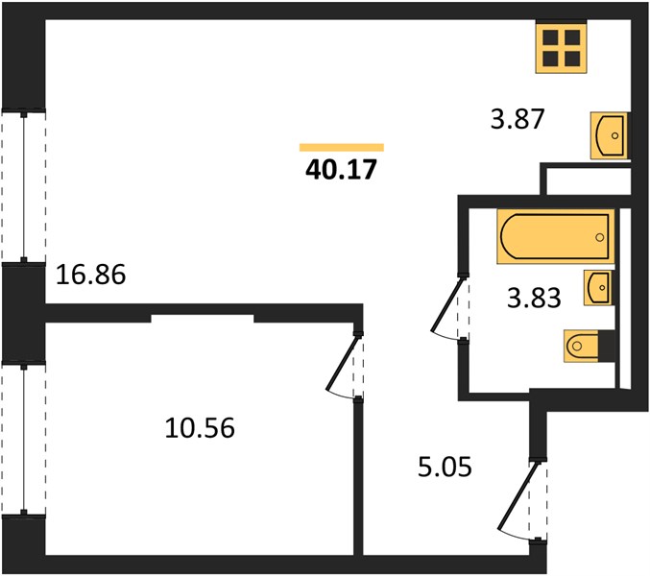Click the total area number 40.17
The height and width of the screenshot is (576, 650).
pyautogui.click(x=341, y=170)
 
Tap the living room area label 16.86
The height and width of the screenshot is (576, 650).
pyautogui.click(x=90, y=275)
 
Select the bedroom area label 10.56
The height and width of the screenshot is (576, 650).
pyautogui.click(x=200, y=427)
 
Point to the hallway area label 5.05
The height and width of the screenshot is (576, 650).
pyautogui.click(x=445, y=467)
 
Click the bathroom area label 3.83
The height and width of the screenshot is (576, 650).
pyautogui.click(x=534, y=298)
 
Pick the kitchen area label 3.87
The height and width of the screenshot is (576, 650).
pyautogui.click(x=517, y=119)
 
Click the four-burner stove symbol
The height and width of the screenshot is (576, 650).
pyautogui.click(x=562, y=48)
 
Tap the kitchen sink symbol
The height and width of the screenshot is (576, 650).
pyautogui.click(x=609, y=135)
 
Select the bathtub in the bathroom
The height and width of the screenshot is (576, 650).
pyautogui.click(x=556, y=236)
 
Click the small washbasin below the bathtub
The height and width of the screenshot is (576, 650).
pyautogui.click(x=598, y=288)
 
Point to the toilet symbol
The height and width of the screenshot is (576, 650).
pyautogui.click(x=581, y=346)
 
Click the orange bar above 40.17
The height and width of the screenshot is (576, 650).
pyautogui.click(x=342, y=148)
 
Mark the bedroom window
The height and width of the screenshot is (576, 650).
pyautogui.click(x=24, y=439)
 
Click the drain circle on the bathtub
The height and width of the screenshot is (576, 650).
pyautogui.click(x=599, y=237)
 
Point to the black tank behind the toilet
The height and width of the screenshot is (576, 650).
pyautogui.click(x=607, y=346)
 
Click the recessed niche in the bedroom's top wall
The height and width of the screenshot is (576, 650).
pyautogui.click(x=203, y=319)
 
